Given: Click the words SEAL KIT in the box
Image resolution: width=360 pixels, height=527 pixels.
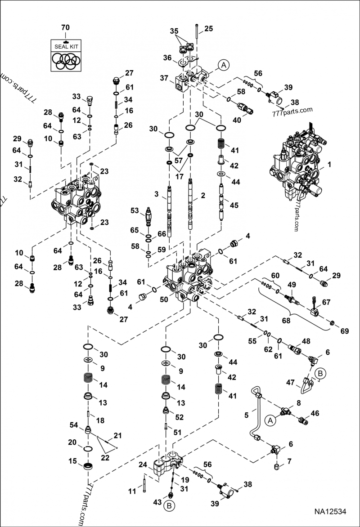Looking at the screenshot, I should coord(65,46).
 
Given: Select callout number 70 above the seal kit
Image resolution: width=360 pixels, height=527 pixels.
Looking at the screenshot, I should coord(65,28).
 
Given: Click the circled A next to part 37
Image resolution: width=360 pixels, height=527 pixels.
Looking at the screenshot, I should coord(224,65).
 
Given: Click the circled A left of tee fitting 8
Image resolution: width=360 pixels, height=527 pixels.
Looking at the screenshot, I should coord(270,420).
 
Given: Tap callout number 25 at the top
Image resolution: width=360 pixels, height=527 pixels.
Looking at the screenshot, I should coord(208,29).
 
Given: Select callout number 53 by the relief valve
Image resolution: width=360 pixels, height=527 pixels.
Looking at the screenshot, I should coord(134,210).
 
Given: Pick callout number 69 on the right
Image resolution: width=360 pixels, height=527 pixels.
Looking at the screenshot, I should coord(344,331).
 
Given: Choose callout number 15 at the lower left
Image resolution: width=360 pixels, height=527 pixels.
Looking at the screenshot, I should coord(72,460).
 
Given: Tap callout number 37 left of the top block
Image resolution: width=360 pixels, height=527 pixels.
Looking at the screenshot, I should coord(164,78).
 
